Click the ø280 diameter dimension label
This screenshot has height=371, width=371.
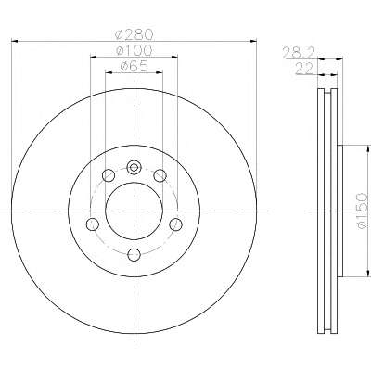[134, 34]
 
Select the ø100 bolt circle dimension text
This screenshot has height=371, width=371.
[134, 50]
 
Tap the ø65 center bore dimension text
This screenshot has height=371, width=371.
[134, 66]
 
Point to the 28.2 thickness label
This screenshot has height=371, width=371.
[299, 53]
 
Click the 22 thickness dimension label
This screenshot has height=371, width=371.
[304, 69]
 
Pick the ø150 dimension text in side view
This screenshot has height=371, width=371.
[362, 211]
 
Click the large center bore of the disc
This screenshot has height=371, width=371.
[134, 211]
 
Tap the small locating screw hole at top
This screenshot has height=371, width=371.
[134, 168]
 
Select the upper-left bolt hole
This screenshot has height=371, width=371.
[109, 175]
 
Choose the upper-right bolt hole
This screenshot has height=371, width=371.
[160, 175]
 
